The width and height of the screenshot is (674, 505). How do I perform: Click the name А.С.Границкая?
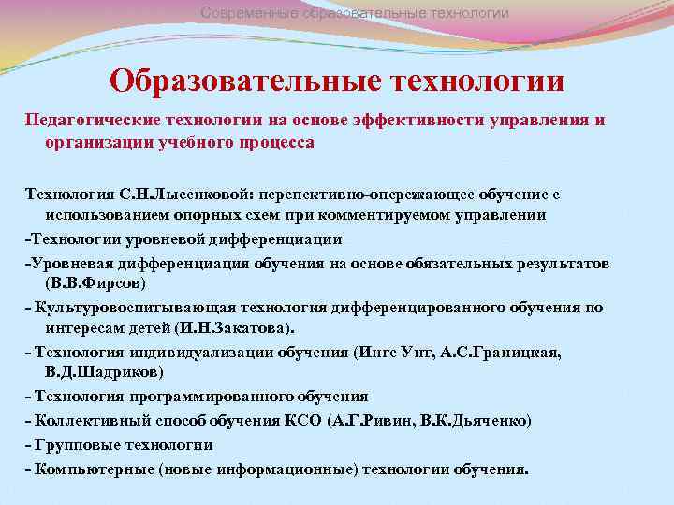(x=501, y=352)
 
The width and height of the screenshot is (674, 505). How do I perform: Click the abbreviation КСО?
(x=301, y=421)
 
